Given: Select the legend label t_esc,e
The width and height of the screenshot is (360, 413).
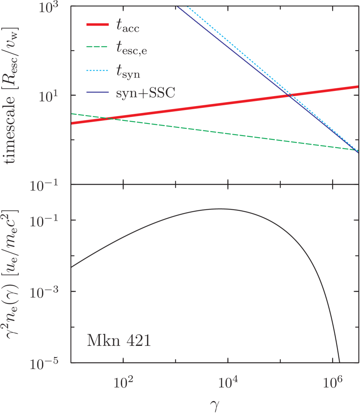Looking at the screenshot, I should pyautogui.click(x=134, y=51).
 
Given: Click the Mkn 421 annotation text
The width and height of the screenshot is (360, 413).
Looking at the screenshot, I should pyautogui.click(x=119, y=341).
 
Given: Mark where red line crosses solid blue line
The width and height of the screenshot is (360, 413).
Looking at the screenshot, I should pyautogui.click(x=289, y=95).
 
